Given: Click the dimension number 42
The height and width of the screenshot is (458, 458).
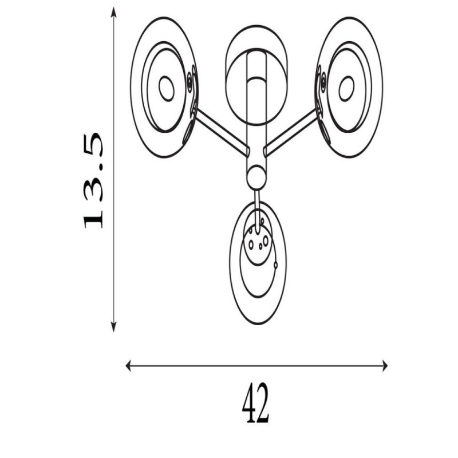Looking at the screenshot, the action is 255,403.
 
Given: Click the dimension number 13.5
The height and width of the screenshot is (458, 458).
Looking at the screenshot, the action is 93,180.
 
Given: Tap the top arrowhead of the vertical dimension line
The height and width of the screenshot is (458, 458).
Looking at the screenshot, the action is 113,13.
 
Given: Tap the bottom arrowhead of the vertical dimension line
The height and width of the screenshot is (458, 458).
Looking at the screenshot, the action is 113,326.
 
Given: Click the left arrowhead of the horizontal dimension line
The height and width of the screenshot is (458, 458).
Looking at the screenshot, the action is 128,366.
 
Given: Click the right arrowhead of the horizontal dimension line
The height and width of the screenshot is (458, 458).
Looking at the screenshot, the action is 385,366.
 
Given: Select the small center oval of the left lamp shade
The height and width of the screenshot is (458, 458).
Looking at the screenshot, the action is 167,89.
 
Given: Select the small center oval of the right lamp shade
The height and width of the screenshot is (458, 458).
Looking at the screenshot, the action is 346,89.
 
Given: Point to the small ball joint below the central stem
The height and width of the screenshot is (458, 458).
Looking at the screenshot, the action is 256,177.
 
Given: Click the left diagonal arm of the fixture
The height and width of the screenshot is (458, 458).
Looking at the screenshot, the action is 222,132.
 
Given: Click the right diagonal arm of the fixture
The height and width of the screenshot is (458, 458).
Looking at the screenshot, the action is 291,132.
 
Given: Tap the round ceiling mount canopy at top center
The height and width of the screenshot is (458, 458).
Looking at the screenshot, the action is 256,76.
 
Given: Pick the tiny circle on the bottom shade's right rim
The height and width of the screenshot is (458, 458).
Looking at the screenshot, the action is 275,265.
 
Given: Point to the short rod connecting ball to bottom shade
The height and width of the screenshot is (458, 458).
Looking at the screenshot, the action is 257,211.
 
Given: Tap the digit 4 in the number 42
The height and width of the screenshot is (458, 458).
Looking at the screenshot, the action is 248,403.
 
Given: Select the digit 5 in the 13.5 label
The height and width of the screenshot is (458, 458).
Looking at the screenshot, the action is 93,145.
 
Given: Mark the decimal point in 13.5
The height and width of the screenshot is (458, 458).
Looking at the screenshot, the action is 101,167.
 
